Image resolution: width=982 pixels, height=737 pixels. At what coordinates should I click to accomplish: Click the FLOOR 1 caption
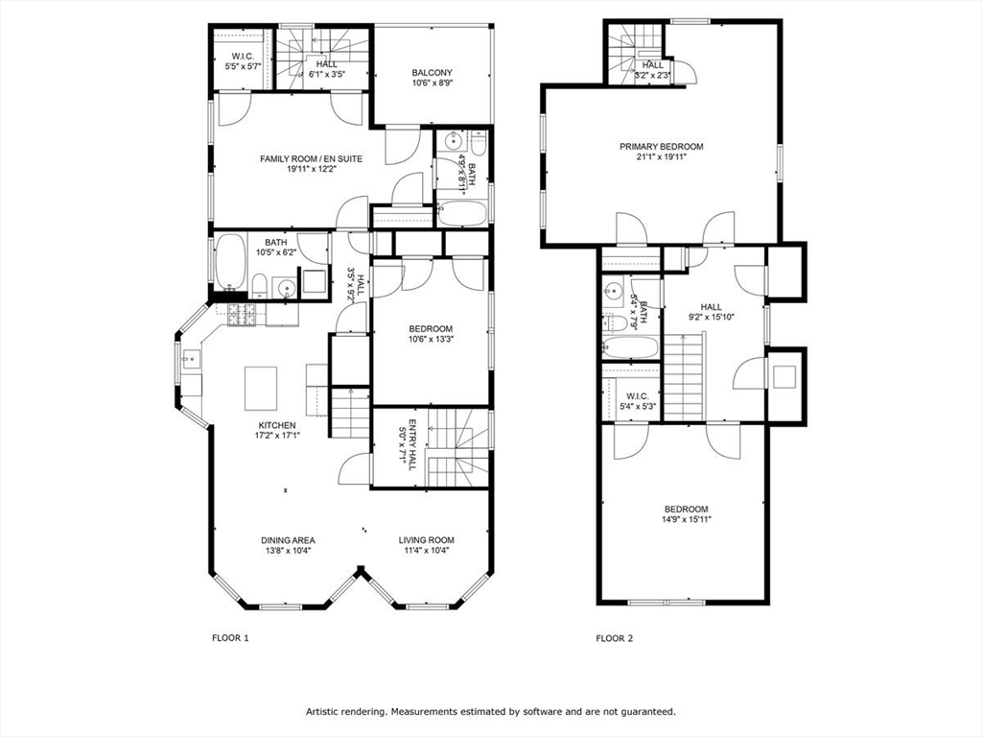click(x=229, y=637)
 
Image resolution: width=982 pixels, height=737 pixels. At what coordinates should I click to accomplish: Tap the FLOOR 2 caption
click(x=614, y=637)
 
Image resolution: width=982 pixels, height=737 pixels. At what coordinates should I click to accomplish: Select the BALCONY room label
click(x=432, y=73)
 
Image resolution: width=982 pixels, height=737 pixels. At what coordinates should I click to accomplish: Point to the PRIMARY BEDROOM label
click(x=661, y=147)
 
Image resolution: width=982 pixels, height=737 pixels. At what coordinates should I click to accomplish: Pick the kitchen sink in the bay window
click(x=189, y=360)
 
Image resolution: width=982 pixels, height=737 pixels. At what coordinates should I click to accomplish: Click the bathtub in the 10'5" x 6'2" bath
click(x=229, y=262)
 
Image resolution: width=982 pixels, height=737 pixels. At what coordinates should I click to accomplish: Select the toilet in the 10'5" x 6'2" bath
click(x=258, y=284)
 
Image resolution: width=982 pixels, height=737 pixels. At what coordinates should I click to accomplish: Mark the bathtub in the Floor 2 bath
click(x=630, y=346)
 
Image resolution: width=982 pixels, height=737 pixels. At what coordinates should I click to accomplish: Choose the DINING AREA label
click(x=291, y=540)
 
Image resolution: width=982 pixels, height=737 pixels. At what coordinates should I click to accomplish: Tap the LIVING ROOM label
click(x=427, y=540)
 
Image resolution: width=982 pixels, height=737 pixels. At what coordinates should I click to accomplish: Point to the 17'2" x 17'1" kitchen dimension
click(x=276, y=436)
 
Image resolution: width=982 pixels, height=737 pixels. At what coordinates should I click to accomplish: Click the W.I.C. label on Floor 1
click(x=243, y=56)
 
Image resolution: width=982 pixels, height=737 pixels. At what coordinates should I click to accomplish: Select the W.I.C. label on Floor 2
click(x=637, y=395)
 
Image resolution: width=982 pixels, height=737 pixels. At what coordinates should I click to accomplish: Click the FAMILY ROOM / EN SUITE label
click(x=311, y=158)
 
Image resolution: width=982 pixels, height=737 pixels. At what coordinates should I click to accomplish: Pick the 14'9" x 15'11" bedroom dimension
click(x=686, y=519)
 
